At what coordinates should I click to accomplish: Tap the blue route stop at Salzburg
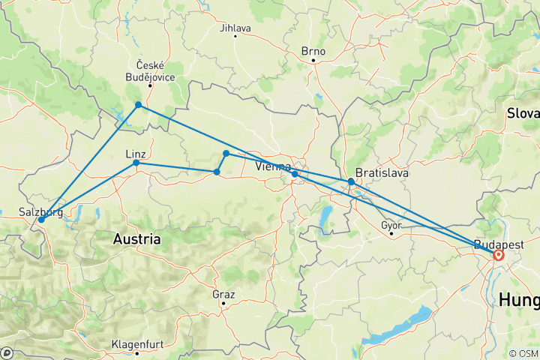pyautogui.click(x=40, y=220)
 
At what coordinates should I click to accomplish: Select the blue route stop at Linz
pyautogui.click(x=136, y=163)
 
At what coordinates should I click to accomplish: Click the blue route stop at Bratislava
pyautogui.click(x=351, y=181)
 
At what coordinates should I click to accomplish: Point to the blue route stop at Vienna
pyautogui.click(x=295, y=174)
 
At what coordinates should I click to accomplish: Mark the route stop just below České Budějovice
pyautogui.click(x=139, y=105)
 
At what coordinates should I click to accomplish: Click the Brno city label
pyautogui.click(x=313, y=51)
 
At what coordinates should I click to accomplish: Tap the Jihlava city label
pyautogui.click(x=235, y=28)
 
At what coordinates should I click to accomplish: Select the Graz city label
pyautogui.click(x=223, y=294)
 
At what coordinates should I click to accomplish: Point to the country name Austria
pyautogui.click(x=136, y=239)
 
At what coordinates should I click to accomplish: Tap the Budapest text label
pyautogui.click(x=498, y=244)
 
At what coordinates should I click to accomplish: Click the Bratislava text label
pyautogui.click(x=382, y=172)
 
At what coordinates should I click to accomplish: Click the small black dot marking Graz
pyautogui.click(x=223, y=304)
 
